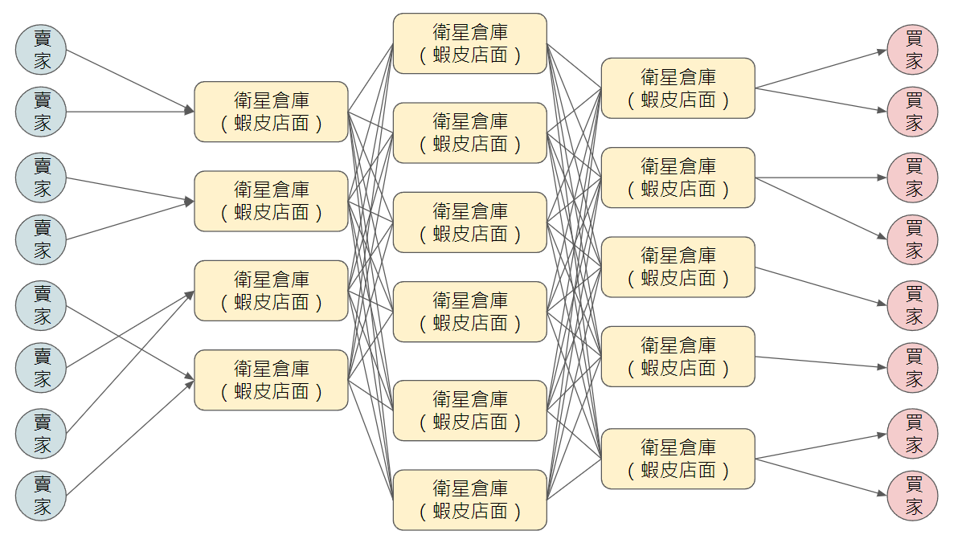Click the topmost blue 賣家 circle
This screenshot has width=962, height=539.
pyautogui.click(x=41, y=49)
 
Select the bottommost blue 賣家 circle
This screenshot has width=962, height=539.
pyautogui.click(x=41, y=496)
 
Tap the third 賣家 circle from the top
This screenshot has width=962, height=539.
pyautogui.click(x=41, y=178)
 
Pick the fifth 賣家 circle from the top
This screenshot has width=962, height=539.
pyautogui.click(x=41, y=305)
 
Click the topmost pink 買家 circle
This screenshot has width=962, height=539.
pyautogui.click(x=913, y=49)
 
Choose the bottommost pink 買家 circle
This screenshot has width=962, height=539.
pyautogui.click(x=913, y=496)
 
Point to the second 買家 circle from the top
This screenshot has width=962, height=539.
pyautogui.click(x=913, y=112)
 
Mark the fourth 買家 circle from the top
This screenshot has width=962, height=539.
pyautogui.click(x=913, y=239)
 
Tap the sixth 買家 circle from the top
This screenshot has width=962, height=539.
pyautogui.click(x=913, y=368)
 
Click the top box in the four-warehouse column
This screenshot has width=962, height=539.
pyautogui.click(x=272, y=112)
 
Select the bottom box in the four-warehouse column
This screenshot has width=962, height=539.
pyautogui.click(x=272, y=380)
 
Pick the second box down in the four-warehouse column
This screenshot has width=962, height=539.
pyautogui.click(x=272, y=201)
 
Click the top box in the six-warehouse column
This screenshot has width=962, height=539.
pyautogui.click(x=470, y=43)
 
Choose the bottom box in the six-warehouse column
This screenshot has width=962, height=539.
pyautogui.click(x=470, y=500)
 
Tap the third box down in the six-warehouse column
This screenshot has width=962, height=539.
pyautogui.click(x=470, y=223)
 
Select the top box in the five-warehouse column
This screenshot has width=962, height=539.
pyautogui.click(x=678, y=88)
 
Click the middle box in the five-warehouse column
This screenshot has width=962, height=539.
pyautogui.click(x=678, y=267)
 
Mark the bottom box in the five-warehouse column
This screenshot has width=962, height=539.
pyautogui.click(x=678, y=459)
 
